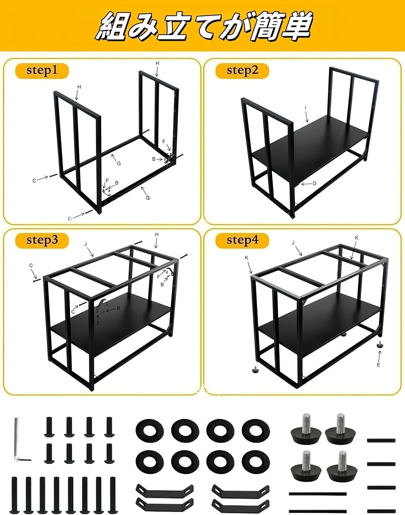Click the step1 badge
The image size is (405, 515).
tap(42, 71)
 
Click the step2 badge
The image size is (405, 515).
tap(242, 71)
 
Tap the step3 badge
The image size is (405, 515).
tap(42, 240)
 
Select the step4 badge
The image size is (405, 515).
tap(242, 240)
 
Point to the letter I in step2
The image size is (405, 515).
tap(305, 107)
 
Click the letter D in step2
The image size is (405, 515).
tap(315, 183)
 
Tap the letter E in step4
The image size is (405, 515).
tap(378, 365)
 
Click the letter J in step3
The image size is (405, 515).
tap(86, 244)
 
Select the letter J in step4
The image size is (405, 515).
tap(293, 242)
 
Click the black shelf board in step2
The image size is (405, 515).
tap(310, 148)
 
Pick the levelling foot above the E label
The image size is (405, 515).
tap(380, 344)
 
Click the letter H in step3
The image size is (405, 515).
tap(156, 235)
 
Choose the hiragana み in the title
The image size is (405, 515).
tap(142, 27)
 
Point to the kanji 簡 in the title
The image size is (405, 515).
tap(265, 26)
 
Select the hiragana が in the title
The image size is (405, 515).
tap(234, 27)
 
